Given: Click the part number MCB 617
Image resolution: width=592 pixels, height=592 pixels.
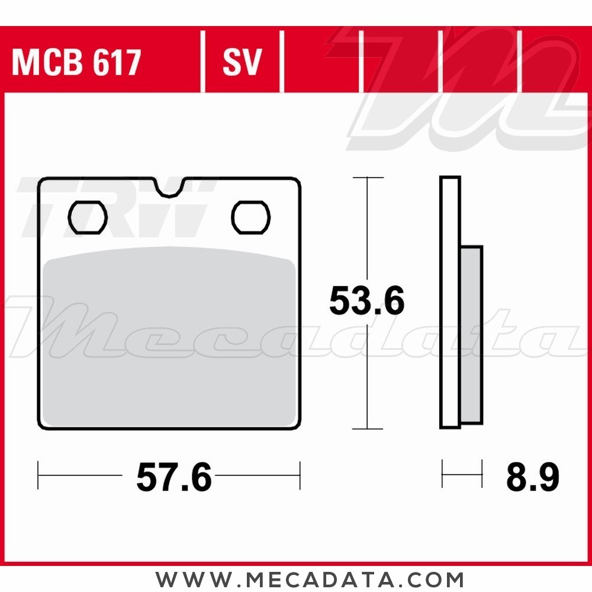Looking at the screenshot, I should [x=76, y=63].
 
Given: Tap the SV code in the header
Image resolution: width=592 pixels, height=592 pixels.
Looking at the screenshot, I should [x=242, y=63].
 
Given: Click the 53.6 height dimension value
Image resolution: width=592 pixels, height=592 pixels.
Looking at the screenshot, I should [x=366, y=301].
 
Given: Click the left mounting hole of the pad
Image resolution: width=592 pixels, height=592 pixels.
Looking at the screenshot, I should [x=88, y=217].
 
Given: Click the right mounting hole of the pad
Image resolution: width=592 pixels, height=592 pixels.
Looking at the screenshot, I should [x=250, y=217].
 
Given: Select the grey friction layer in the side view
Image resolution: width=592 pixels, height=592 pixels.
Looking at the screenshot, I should [x=471, y=334].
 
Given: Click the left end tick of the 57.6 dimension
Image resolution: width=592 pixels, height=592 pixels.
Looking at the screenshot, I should [x=38, y=475].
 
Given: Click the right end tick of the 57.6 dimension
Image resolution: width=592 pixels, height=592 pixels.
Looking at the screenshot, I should [x=300, y=475].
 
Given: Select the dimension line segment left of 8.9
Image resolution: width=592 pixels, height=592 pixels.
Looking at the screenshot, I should [x=462, y=474].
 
